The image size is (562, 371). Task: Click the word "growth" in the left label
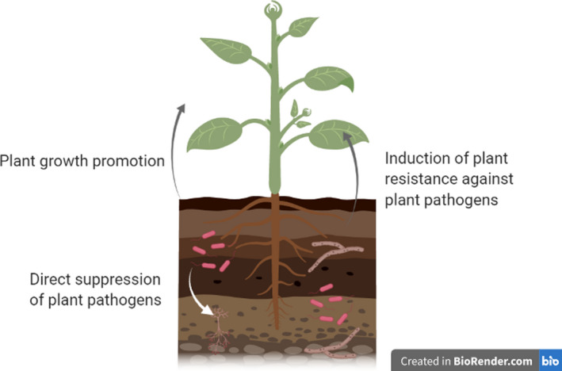tap(66, 162)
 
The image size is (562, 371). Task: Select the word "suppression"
tap(118, 280)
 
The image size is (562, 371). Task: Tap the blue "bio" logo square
tap(550, 361)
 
